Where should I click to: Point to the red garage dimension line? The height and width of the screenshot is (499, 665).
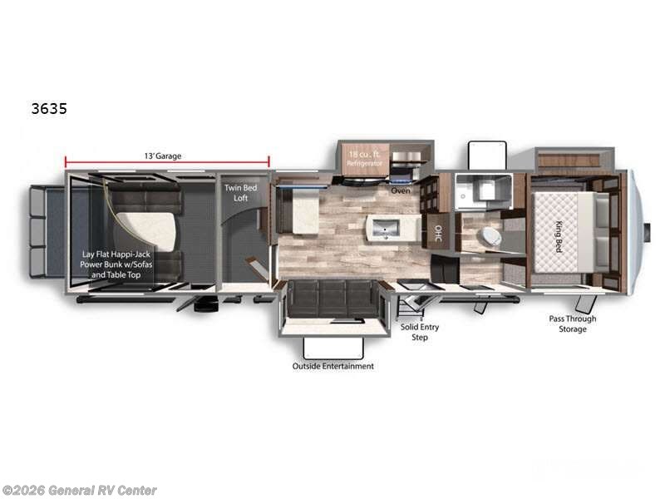pyautogui.click(x=166, y=164)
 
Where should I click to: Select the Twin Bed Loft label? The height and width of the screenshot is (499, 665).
pyautogui.click(x=240, y=194)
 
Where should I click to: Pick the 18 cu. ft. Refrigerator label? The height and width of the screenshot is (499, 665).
pyautogui.click(x=364, y=158)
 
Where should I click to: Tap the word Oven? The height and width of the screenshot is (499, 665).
pyautogui.click(x=401, y=190)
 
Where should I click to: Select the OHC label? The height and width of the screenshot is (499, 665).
pyautogui.click(x=438, y=235)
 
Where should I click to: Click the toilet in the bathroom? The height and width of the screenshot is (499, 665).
pyautogui.click(x=490, y=236)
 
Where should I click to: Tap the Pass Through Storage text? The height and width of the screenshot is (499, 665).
pyautogui.click(x=572, y=324)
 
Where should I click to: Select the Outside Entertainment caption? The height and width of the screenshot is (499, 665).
pyautogui.click(x=332, y=366)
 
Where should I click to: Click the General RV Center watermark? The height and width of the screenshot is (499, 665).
pyautogui.click(x=80, y=491)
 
